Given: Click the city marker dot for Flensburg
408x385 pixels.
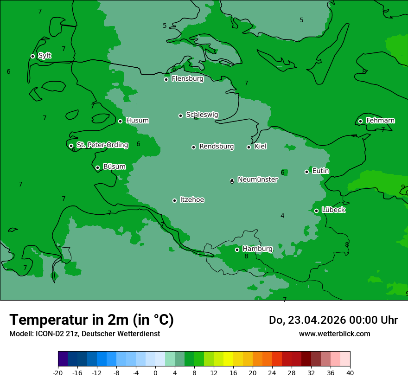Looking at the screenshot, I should (166, 79).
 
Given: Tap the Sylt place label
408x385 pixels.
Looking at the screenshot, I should (45, 56).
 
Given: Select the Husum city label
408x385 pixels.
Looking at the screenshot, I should (137, 121).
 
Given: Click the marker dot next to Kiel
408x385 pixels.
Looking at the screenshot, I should (249, 147).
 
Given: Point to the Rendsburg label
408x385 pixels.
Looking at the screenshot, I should (217, 147).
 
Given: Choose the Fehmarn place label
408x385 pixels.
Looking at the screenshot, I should (380, 121).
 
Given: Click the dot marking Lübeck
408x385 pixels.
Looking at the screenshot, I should (316, 211).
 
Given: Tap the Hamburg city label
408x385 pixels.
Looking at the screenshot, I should (257, 249).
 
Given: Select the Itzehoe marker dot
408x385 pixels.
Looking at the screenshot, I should (174, 200).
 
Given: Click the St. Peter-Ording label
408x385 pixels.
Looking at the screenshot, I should (102, 145).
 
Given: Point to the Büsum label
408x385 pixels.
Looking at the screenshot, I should (114, 167).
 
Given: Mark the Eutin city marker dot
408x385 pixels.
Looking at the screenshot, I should (306, 172).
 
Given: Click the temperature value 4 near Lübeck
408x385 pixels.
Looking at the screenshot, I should (282, 216).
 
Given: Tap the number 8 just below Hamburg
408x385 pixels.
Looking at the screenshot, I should (246, 257).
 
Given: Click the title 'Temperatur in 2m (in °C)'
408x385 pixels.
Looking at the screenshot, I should (91, 320).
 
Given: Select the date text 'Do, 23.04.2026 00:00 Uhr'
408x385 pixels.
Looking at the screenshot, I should (333, 320).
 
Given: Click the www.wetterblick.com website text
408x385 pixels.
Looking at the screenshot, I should (334, 334).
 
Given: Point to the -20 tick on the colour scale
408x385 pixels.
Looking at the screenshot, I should (58, 372).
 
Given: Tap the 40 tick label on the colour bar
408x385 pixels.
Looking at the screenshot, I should (350, 372).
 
